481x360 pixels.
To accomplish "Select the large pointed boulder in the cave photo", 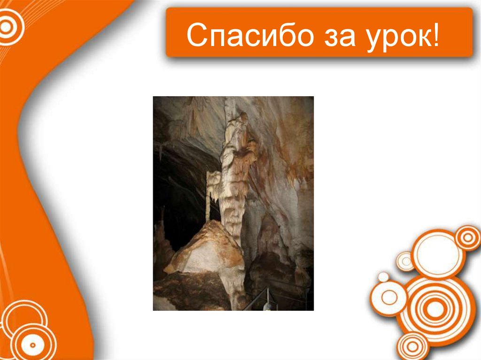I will coord(207,249).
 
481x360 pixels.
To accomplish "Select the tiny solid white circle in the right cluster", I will coord(384,277).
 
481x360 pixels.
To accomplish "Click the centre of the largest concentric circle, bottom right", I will coord(435,309).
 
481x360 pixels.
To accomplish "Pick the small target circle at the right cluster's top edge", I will coord(468,237).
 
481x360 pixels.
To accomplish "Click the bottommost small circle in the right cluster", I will coord(412,346).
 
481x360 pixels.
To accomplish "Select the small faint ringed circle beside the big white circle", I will coord(405,261).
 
